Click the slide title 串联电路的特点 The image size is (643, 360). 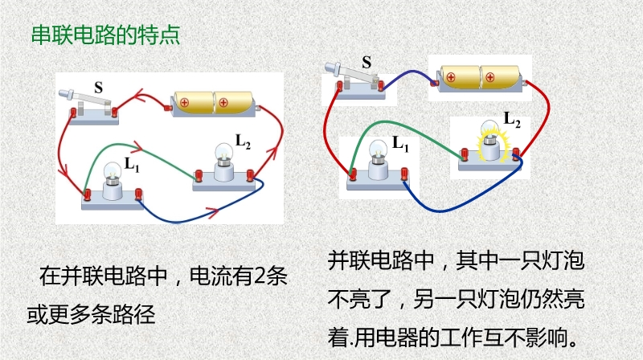click(104, 35)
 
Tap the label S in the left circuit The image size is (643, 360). click(98, 87)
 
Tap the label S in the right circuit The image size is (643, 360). click(367, 61)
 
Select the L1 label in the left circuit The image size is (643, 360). click(132, 164)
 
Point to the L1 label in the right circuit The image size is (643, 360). click(400, 144)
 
